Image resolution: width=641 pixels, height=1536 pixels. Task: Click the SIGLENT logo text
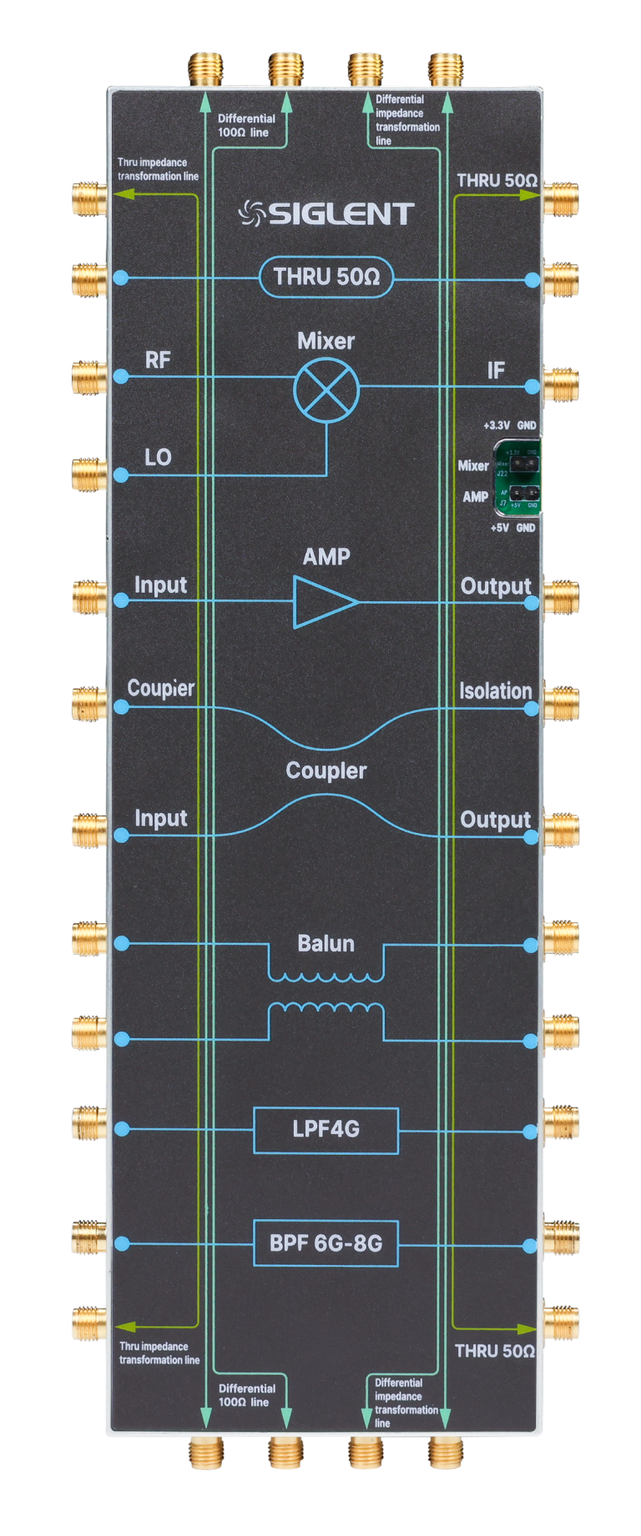point(327,214)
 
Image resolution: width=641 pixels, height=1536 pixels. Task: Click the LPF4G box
point(326,1130)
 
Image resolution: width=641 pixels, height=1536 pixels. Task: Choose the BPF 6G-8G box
point(326,1243)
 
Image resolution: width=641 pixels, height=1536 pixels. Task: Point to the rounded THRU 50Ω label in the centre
point(326,277)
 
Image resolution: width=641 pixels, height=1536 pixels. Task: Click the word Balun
point(326,943)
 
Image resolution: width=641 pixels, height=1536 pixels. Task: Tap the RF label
point(158,359)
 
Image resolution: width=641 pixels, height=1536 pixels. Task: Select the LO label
point(158,457)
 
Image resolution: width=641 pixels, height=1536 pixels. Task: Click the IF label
point(496,370)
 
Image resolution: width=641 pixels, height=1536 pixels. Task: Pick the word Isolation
point(495,691)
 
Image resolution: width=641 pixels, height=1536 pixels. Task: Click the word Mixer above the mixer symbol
point(326,341)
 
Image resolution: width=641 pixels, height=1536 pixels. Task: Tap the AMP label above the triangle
point(326,557)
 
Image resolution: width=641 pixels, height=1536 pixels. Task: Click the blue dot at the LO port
point(121,475)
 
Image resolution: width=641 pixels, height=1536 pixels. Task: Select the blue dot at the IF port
point(532,386)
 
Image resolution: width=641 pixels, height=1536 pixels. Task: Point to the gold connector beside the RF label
point(88,378)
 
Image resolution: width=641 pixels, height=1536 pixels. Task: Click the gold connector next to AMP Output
point(561,598)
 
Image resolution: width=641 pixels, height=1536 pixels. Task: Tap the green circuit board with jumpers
point(517,477)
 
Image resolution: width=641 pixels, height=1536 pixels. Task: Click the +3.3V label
point(497,425)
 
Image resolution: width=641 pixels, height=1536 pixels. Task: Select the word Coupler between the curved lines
point(326,771)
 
